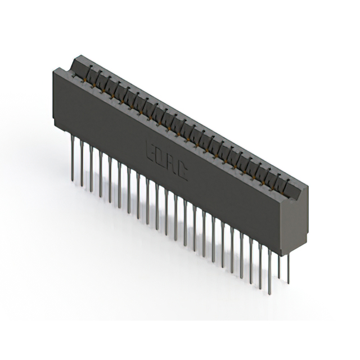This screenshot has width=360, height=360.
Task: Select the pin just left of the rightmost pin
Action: [x=280, y=264]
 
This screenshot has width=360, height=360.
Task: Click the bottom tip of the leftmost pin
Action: [x=73, y=181]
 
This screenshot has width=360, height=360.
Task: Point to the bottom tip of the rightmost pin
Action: [x=289, y=283]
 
